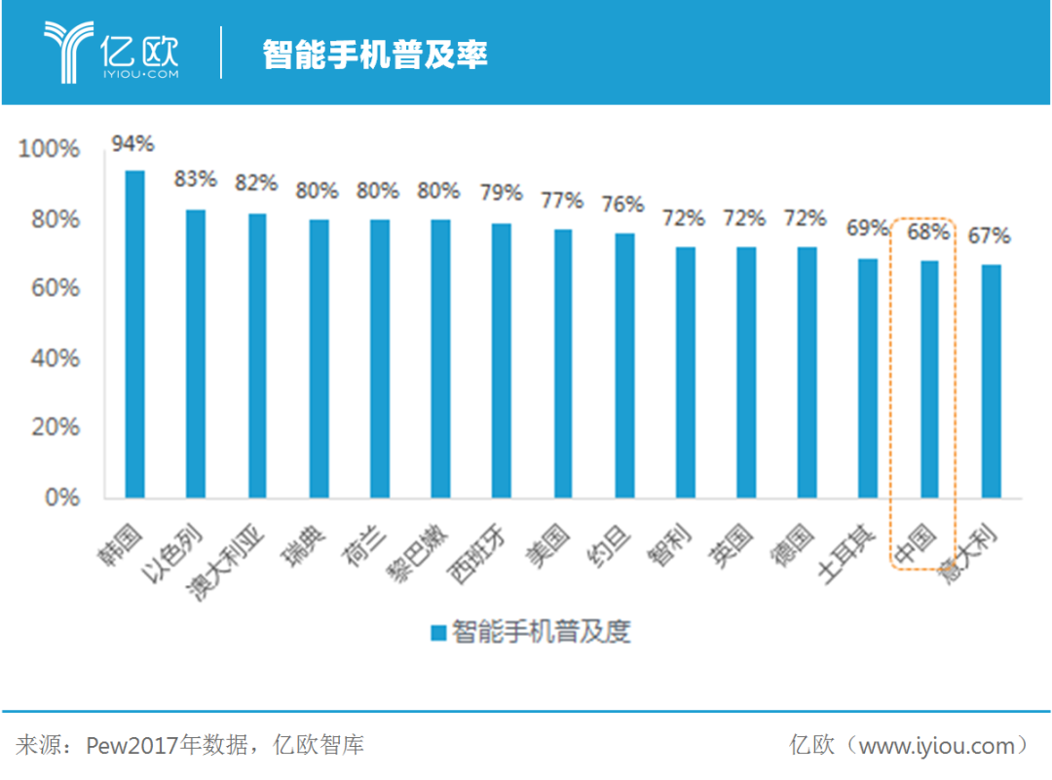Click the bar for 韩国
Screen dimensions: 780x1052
pyautogui.click(x=134, y=334)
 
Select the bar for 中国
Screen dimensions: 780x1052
pyautogui.click(x=930, y=379)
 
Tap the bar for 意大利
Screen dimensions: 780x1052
pyautogui.click(x=991, y=381)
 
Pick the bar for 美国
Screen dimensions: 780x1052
pyautogui.click(x=563, y=363)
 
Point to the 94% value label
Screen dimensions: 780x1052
pyautogui.click(x=132, y=144)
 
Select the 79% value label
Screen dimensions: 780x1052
pyautogui.click(x=502, y=192)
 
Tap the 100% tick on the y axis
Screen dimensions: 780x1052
pyautogui.click(x=49, y=149)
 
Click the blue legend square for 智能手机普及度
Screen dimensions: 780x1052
pyautogui.click(x=438, y=632)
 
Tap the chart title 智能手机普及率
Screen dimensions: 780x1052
pyautogui.click(x=375, y=55)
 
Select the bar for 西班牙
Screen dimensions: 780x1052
pyautogui.click(x=502, y=360)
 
